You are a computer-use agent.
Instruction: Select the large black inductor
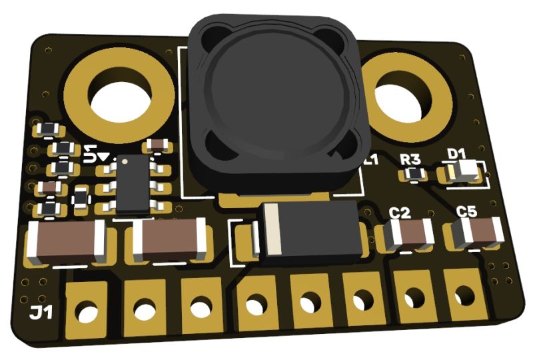click(x=274, y=100)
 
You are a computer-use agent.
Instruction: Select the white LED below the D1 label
click(x=466, y=171)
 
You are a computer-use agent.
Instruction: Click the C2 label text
click(x=400, y=213)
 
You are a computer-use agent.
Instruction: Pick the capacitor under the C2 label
click(x=406, y=235)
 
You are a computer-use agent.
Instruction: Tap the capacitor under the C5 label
click(x=477, y=233)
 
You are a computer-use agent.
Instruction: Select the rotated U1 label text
click(x=97, y=154)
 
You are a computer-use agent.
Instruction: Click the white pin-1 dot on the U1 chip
click(x=125, y=162)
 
